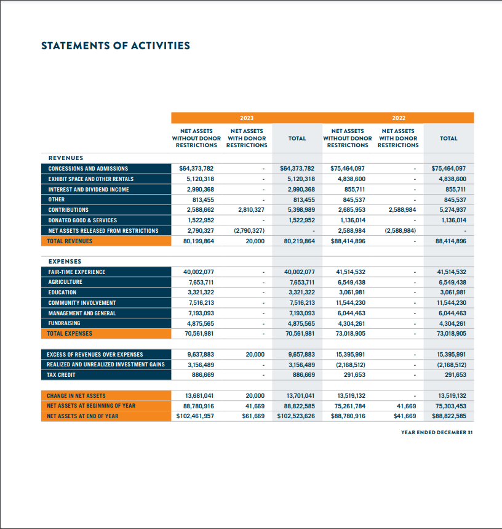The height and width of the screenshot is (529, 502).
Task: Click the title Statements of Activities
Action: [x=115, y=46]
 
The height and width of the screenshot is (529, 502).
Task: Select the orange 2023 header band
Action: [x=246, y=117]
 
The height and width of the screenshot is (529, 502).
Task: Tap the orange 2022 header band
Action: [x=398, y=117]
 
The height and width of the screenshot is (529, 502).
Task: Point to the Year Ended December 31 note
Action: [x=437, y=432]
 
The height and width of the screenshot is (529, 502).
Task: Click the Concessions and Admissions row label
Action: [x=88, y=168]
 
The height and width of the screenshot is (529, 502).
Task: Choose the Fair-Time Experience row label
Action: [x=77, y=272]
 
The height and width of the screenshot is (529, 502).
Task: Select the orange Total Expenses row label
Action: [x=70, y=333]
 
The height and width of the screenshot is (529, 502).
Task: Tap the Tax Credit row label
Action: [x=62, y=374]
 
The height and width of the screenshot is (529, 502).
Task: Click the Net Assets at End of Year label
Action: [x=83, y=416]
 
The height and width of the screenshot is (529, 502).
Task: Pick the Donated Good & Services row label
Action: [x=82, y=220]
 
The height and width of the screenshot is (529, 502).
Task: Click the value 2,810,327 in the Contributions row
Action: [x=251, y=210]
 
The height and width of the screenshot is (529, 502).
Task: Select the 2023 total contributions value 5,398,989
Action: [x=301, y=210]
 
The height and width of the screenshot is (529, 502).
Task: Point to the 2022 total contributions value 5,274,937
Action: [x=452, y=210]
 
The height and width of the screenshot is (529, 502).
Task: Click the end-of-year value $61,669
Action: [x=253, y=416]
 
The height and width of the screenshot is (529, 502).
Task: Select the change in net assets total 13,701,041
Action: [x=301, y=395]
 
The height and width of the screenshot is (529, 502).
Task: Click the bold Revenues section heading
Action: [x=66, y=158]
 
